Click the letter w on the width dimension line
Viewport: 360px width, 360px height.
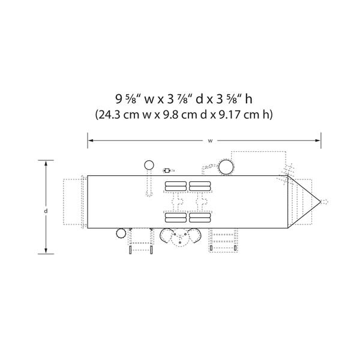tap(210, 141)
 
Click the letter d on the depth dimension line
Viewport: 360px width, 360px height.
tap(46, 211)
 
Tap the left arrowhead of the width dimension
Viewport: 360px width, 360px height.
tap(91, 140)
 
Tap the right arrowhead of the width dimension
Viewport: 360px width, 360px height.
tap(318, 140)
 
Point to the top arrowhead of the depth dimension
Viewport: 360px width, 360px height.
tap(46, 163)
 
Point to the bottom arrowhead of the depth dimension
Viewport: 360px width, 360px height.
tap(46, 251)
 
